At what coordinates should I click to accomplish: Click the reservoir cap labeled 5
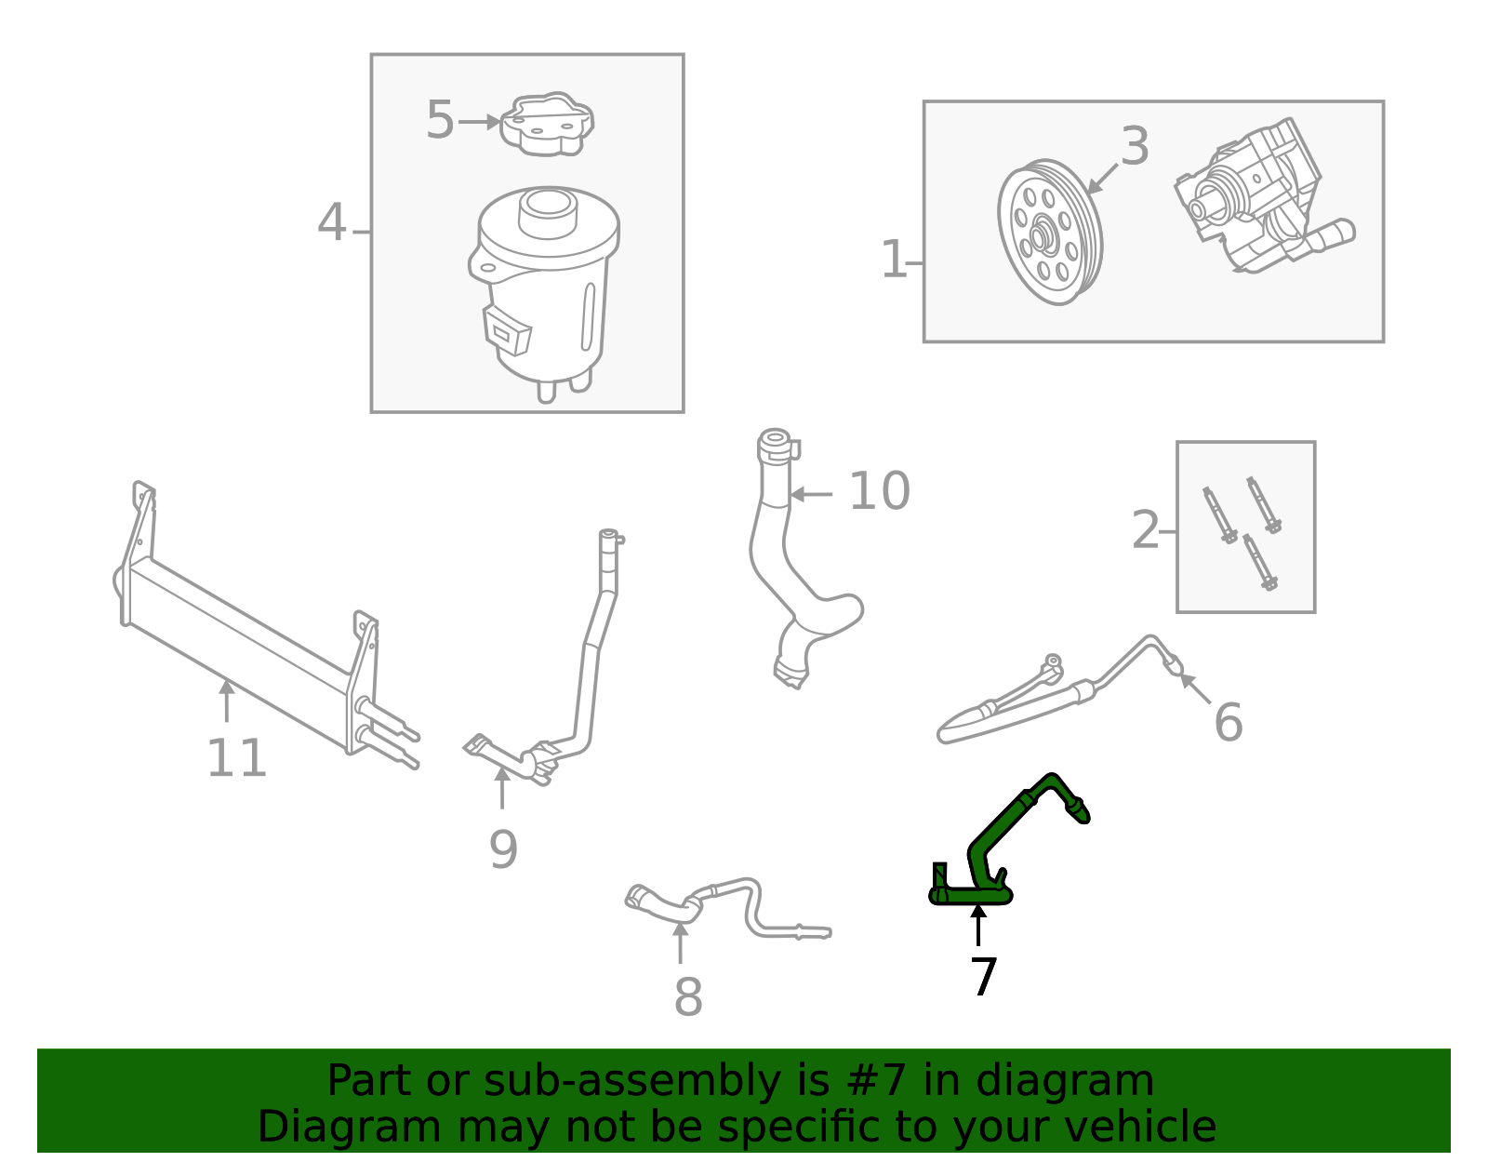(x=547, y=124)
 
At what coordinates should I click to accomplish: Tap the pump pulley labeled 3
(x=1049, y=233)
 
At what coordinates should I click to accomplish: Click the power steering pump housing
(x=1255, y=195)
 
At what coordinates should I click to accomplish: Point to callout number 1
(x=893, y=260)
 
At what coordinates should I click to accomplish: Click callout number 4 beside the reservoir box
(x=332, y=224)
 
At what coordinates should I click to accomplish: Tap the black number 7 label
(x=983, y=977)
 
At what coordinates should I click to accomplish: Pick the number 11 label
(x=236, y=758)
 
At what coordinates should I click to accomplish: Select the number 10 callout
(x=879, y=491)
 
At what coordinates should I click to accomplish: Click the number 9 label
(x=503, y=849)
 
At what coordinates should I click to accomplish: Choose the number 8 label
(x=687, y=998)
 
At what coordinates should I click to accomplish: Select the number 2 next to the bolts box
(x=1145, y=531)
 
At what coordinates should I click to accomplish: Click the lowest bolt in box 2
(x=1259, y=563)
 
